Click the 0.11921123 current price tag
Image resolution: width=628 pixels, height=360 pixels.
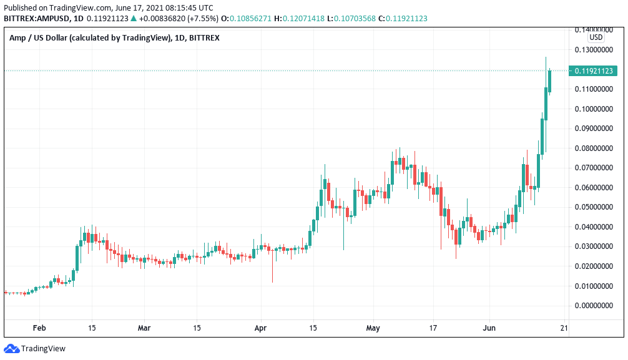pos(594,71)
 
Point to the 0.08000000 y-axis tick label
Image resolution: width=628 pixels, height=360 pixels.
pos(594,148)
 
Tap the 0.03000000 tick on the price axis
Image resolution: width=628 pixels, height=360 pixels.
pos(594,246)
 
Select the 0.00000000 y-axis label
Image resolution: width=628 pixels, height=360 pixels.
pos(594,306)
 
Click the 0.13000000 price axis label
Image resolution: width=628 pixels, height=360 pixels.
pos(594,50)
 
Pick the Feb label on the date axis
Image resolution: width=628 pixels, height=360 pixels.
pos(39,328)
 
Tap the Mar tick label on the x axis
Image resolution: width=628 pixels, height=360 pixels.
pos(144,328)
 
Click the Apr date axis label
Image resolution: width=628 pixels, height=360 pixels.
pos(261,328)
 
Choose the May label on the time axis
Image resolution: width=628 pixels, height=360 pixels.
pos(373,328)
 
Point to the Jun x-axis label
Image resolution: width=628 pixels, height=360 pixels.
pos(489,328)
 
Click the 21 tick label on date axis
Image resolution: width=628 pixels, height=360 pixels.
pos(564,328)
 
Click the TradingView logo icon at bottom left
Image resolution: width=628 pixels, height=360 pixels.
pos(11,348)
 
